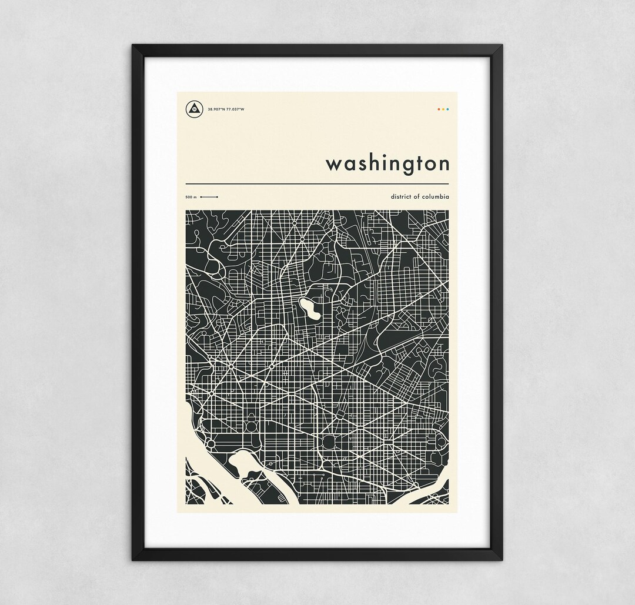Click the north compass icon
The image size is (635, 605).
click(192, 109)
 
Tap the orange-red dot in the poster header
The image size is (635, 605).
click(439, 109)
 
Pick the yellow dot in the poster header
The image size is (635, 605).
click(443, 109)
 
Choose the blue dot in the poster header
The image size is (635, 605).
click(448, 109)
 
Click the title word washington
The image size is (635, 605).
click(387, 164)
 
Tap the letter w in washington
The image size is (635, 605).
click(335, 165)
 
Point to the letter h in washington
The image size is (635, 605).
click(377, 162)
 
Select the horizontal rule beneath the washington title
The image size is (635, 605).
click(317, 184)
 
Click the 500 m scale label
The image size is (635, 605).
click(190, 198)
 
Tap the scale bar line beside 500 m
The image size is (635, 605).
click(209, 198)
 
